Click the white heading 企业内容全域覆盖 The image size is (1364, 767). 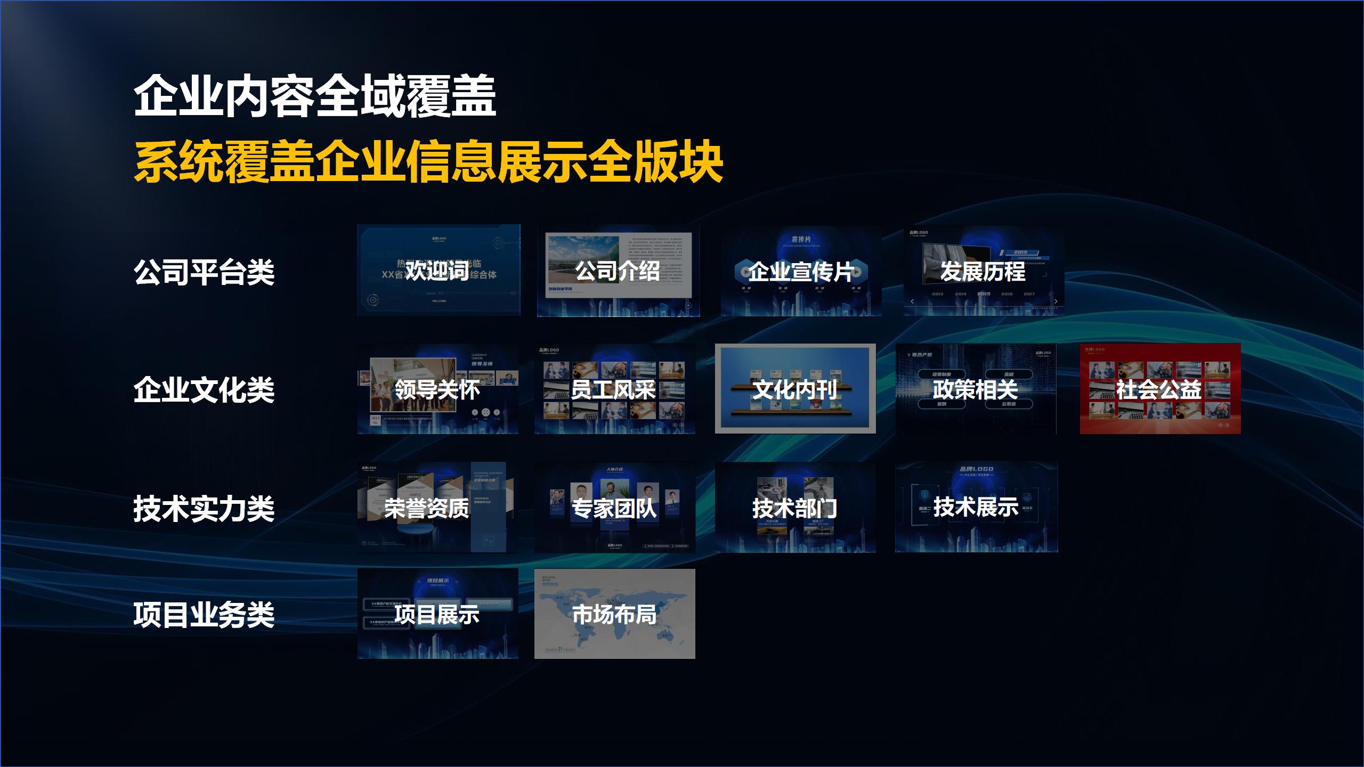point(315,96)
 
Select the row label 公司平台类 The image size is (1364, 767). point(204,272)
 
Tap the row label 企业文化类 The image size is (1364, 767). point(204,389)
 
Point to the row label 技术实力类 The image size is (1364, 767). point(204,508)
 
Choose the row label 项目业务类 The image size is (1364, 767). point(204,614)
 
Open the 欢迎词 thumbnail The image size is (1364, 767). point(439,271)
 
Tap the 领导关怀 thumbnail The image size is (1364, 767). point(437,389)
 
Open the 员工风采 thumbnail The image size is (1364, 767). point(614,389)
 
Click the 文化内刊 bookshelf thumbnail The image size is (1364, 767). point(795,389)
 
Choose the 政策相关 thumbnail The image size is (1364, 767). point(976,389)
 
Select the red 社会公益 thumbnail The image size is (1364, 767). point(1160,389)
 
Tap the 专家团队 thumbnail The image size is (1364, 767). point(614,508)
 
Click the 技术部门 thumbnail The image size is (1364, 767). point(795,508)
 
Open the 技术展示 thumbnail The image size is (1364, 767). point(976,507)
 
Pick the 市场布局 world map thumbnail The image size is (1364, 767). point(614,614)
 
